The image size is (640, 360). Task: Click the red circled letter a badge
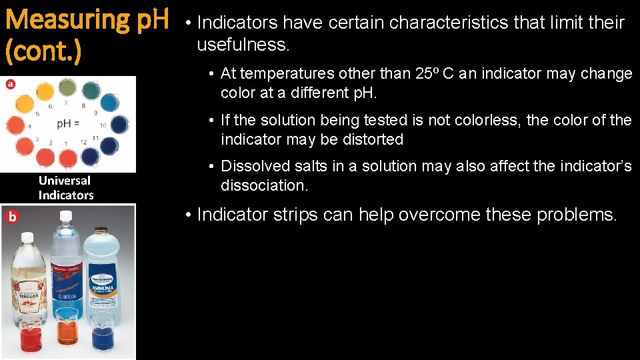pyautogui.click(x=10, y=84)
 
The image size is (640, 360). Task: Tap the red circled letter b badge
pyautogui.click(x=11, y=216)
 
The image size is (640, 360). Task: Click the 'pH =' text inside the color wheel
pyautogui.click(x=68, y=124)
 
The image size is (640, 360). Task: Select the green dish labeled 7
pyautogui.click(x=67, y=87)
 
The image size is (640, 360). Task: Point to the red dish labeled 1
pyautogui.click(x=68, y=159)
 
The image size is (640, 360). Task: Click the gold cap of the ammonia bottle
pyautogui.click(x=101, y=231)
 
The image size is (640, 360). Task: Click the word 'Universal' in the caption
pyautogui.click(x=65, y=181)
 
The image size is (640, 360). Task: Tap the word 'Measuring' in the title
pyautogui.click(x=69, y=20)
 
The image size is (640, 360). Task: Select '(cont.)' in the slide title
pyautogui.click(x=43, y=51)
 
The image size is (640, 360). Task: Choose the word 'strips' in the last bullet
pyautogui.click(x=320, y=215)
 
